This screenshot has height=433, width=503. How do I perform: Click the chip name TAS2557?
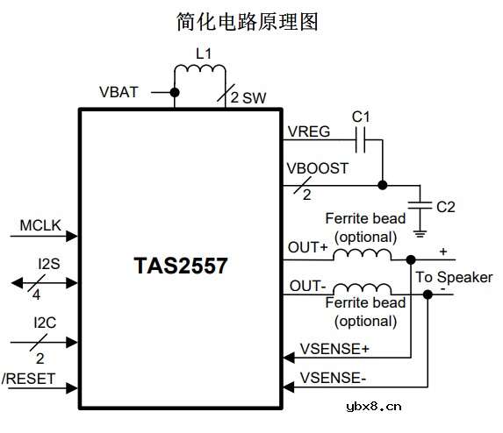point(181,266)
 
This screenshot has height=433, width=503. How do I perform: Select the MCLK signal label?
point(40,225)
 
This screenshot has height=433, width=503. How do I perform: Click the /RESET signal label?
point(29,379)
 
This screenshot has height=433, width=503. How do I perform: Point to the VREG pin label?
point(309,131)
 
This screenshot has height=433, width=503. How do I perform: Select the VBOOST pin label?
point(318,168)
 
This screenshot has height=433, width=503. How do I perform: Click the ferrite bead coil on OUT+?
point(363,254)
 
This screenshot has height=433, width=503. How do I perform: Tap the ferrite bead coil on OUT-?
point(363,289)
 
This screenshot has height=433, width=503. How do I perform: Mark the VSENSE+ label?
point(334,349)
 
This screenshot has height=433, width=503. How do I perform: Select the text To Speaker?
point(453,277)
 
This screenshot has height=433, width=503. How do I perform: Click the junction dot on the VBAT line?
point(175,92)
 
